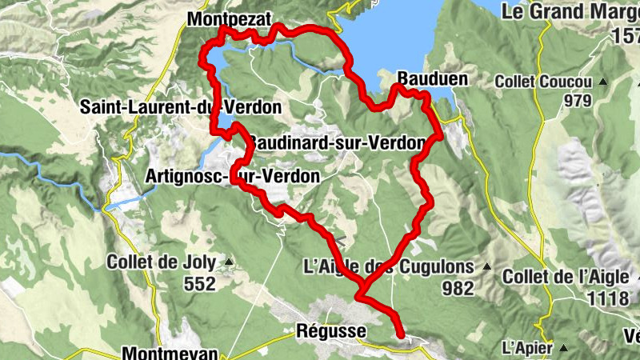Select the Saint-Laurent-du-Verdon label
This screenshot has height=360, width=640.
[181, 106]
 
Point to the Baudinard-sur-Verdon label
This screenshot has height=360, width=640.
[336, 143]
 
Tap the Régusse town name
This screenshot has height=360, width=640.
[330, 330]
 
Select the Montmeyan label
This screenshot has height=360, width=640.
[173, 352]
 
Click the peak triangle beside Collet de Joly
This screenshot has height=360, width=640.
[230, 262]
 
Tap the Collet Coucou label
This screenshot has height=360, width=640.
[543, 82]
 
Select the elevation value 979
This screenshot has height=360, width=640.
[576, 101]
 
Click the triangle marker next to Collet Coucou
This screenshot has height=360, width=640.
[603, 82]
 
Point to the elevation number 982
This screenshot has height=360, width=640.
[460, 288]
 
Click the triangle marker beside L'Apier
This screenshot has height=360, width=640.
[563, 348]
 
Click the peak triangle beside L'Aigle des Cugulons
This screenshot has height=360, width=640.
[485, 266]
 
